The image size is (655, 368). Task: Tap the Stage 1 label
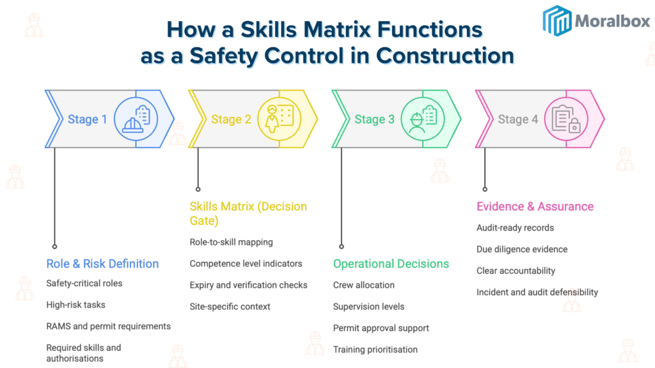pyautogui.click(x=83, y=119)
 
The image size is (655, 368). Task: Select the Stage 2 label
pyautogui.click(x=226, y=119)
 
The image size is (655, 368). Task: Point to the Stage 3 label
pyautogui.click(x=370, y=119)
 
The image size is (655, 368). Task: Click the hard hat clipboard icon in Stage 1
pyautogui.click(x=136, y=119)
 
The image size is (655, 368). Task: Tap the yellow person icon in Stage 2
pyautogui.click(x=279, y=119)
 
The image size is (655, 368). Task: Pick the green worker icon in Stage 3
pyautogui.click(x=422, y=119)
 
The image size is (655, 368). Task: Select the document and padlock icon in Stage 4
pyautogui.click(x=565, y=119)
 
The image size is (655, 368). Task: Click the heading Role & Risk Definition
pyautogui.click(x=102, y=264)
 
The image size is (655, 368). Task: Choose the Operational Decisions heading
pyautogui.click(x=391, y=264)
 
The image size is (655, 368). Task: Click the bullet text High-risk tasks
pyautogui.click(x=75, y=305)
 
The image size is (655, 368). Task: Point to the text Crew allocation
pyautogui.click(x=363, y=285)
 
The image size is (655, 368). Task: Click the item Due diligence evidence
pyautogui.click(x=521, y=249)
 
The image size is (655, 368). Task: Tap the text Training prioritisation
pyautogui.click(x=375, y=349)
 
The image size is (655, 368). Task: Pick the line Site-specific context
pyautogui.click(x=230, y=307)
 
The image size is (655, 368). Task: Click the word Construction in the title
pyautogui.click(x=445, y=56)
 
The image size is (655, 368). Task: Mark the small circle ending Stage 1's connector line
pyautogui.click(x=54, y=246)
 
